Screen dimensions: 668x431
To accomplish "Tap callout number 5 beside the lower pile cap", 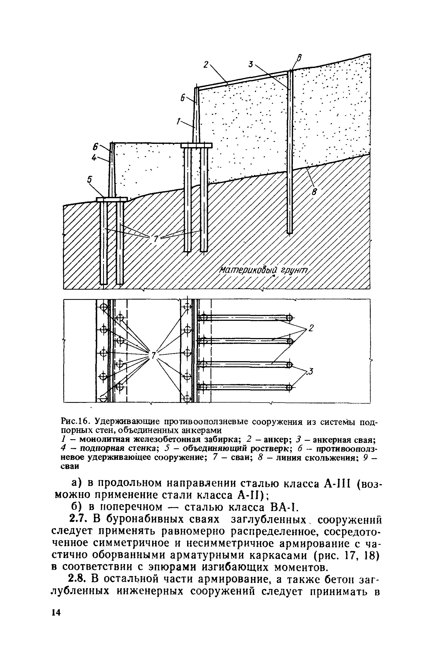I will [x=90, y=179].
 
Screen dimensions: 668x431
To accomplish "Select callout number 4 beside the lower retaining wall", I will [x=94, y=158].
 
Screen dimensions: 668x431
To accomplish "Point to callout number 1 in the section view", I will [x=178, y=121].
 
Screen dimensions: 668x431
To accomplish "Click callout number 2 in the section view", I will [x=206, y=65].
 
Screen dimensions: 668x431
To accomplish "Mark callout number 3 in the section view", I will [x=251, y=64].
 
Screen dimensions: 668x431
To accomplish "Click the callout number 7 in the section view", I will [x=156, y=239].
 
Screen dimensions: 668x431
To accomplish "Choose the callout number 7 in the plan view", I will [x=153, y=355].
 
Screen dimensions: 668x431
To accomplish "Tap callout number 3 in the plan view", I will [x=311, y=371].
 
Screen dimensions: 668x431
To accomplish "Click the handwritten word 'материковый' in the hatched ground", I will [x=248, y=271].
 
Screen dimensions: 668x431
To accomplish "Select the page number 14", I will [x=56, y=613].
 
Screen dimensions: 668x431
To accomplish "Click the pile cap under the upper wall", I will [x=197, y=145].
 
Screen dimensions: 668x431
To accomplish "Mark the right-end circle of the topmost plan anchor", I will [x=290, y=318].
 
